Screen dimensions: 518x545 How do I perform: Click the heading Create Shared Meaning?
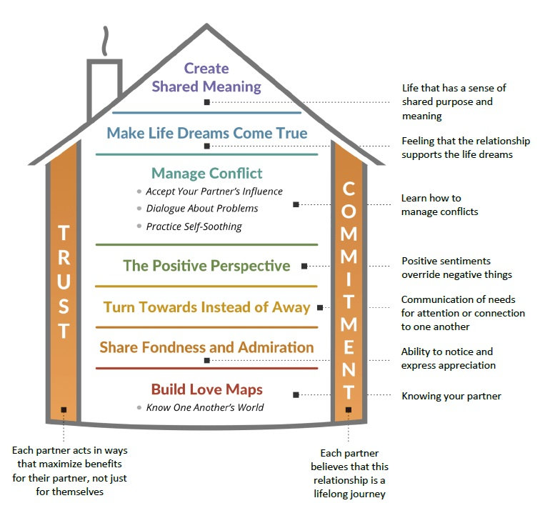(206, 78)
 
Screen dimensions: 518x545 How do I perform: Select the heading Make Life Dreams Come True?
(206, 133)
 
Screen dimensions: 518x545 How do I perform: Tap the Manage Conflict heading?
(206, 173)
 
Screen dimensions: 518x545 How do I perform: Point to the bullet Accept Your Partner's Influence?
(214, 191)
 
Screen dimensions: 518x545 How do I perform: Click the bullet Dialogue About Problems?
(201, 209)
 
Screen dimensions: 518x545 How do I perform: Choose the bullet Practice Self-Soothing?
(194, 226)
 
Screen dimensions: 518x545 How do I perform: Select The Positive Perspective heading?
(206, 266)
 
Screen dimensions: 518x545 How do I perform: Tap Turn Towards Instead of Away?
(206, 307)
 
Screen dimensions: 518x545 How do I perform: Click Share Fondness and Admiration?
(206, 347)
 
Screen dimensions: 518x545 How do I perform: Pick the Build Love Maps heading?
(206, 389)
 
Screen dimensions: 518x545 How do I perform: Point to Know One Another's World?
(204, 407)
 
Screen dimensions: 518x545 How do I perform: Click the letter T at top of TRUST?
(64, 233)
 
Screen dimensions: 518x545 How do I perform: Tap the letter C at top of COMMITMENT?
(349, 189)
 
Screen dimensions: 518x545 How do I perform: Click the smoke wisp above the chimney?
(106, 41)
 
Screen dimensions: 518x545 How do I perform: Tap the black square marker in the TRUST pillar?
(64, 409)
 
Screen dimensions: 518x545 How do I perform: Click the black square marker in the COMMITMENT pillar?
(349, 409)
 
